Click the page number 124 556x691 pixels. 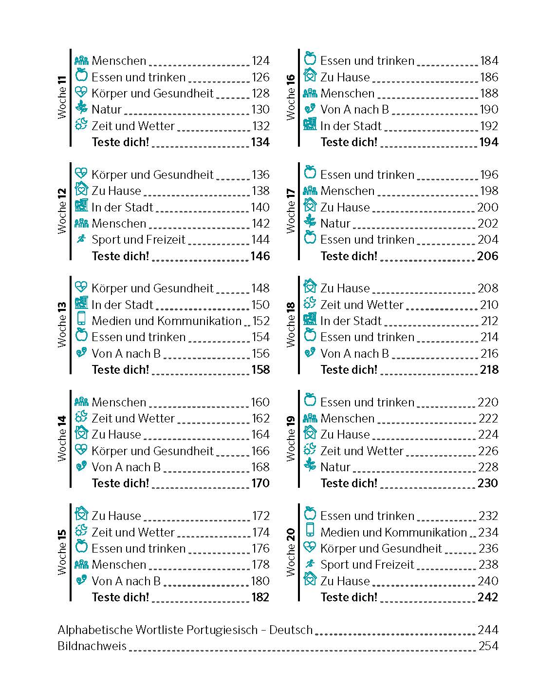(x=260, y=61)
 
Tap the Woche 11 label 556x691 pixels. (x=62, y=97)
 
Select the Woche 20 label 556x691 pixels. (x=291, y=553)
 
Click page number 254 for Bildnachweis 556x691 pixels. (x=488, y=646)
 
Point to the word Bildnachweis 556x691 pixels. (x=92, y=646)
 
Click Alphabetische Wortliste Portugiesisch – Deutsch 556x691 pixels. (x=185, y=630)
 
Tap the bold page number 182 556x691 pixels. (x=260, y=597)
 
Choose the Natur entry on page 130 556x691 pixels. (x=107, y=110)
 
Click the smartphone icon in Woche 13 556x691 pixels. (x=81, y=319)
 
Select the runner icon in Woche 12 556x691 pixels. (x=81, y=239)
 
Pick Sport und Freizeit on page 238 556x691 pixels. (x=367, y=565)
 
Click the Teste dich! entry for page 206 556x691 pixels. (x=349, y=256)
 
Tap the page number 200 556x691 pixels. (x=488, y=207)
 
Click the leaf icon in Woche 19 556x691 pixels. (x=310, y=465)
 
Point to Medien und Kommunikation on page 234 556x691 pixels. (x=393, y=532)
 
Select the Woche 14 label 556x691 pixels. (x=62, y=439)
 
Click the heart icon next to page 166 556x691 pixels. (x=81, y=449)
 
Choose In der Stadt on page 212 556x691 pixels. (x=351, y=321)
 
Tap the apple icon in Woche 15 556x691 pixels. (x=81, y=546)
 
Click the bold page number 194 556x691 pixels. (x=489, y=142)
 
